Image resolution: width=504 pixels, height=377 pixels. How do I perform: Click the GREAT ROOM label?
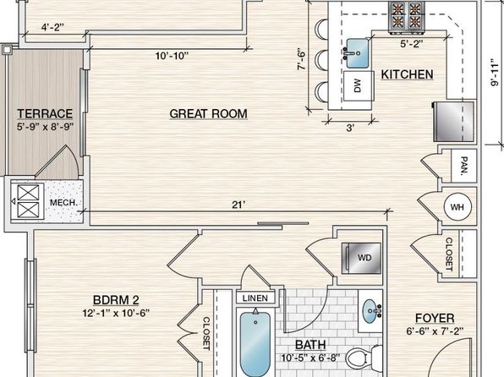coord(209,114)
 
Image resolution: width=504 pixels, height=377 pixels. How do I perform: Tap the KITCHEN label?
coord(408,74)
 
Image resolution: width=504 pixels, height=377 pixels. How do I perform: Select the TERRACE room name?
coord(45,113)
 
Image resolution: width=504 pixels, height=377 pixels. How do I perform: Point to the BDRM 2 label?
coord(116,300)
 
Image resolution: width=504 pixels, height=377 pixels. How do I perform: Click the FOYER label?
coord(435,318)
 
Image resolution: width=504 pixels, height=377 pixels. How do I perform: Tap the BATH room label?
coord(310,345)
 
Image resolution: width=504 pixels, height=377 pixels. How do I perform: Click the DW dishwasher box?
coord(359,86)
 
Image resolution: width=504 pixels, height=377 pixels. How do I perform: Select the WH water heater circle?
coord(457,207)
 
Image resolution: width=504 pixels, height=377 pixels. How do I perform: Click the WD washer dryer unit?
coord(361,258)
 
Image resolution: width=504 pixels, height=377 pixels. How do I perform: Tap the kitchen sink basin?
coord(357,53)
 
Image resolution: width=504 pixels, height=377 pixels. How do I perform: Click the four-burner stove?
coord(407,18)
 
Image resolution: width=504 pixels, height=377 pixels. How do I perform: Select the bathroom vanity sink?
coord(371,310)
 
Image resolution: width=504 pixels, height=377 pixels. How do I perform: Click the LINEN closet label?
coord(255,298)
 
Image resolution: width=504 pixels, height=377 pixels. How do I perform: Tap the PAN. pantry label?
coord(463,166)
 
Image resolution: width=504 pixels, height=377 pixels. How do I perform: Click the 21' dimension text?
coord(238,205)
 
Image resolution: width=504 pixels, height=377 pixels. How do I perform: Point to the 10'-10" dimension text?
coord(172,56)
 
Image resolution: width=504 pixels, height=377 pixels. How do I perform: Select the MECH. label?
coord(63,203)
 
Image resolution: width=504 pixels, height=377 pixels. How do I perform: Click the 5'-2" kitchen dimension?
coord(412,43)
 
